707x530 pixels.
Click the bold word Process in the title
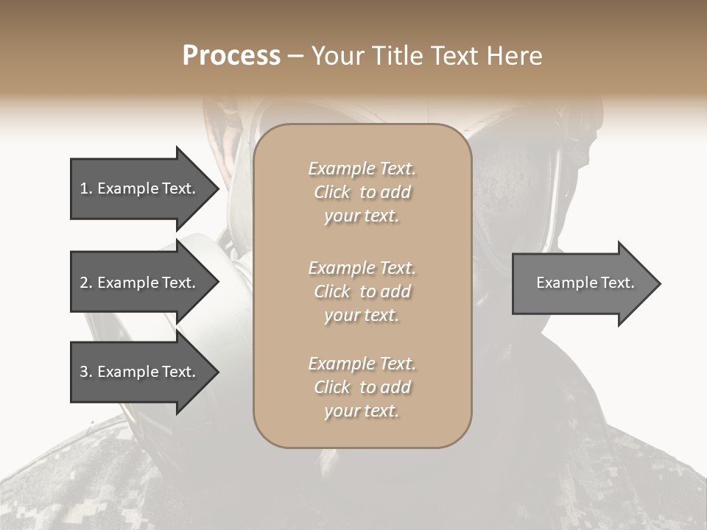tap(231, 56)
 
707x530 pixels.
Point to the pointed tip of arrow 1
tap(217, 188)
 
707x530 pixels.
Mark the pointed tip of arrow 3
tap(217, 372)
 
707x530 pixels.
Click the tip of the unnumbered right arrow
tap(659, 283)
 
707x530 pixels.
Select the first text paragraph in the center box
tap(362, 192)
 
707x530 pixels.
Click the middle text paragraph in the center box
tap(362, 291)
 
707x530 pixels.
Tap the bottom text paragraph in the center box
tap(362, 387)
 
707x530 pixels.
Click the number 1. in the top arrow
tap(86, 188)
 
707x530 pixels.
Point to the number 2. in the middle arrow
tap(86, 283)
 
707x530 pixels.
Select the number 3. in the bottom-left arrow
tap(86, 372)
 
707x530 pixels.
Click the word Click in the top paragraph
tap(332, 192)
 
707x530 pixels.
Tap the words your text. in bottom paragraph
tap(362, 411)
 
